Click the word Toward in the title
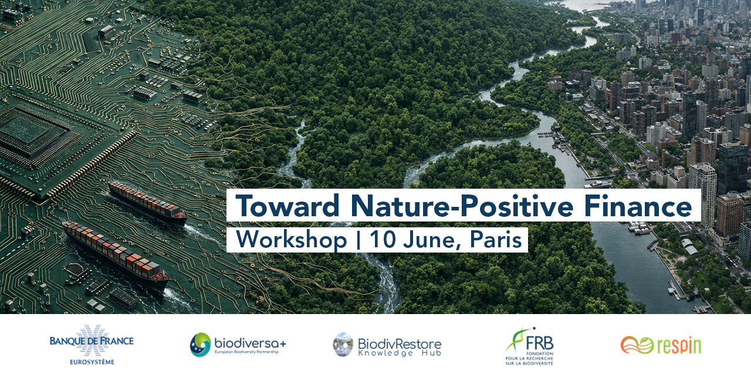[287, 206]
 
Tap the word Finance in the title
[638, 206]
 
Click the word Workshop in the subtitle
[292, 240]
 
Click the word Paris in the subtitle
[496, 240]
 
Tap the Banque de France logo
[92, 344]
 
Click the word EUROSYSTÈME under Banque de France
[92, 362]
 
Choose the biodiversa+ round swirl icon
[200, 345]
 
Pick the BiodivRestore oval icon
[343, 345]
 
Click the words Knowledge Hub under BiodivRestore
[400, 353]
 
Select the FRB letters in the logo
[539, 343]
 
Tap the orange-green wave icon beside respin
[637, 345]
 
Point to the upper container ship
[147, 203]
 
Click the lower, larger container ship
[116, 254]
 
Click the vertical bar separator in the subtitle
[358, 240]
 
